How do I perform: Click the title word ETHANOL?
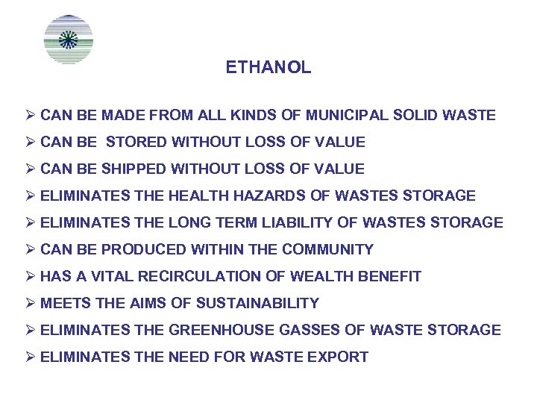(268, 68)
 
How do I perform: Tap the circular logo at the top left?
(69, 39)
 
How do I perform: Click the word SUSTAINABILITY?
(257, 304)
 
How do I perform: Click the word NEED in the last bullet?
(190, 357)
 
